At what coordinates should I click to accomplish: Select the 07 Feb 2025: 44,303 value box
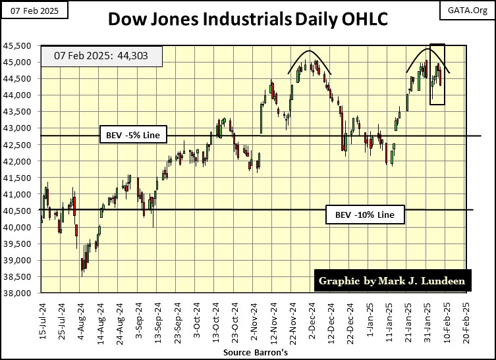pos(100,56)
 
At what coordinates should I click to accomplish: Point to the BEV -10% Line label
pos(364,215)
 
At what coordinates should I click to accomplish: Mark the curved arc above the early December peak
pos(308,53)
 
